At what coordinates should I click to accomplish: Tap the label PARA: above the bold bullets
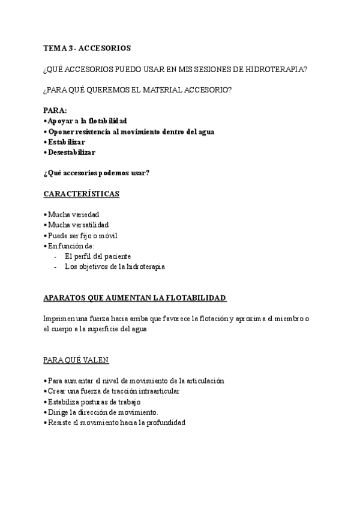pyautogui.click(x=55, y=110)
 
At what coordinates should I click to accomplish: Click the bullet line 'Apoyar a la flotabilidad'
pyautogui.click(x=87, y=121)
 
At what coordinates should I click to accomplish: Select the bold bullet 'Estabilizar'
pyautogui.click(x=66, y=142)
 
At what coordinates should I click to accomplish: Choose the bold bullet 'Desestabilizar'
pyautogui.click(x=71, y=152)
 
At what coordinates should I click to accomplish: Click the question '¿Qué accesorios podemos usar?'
pyautogui.click(x=97, y=173)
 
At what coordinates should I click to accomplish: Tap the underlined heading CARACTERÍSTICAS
pyautogui.click(x=82, y=194)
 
